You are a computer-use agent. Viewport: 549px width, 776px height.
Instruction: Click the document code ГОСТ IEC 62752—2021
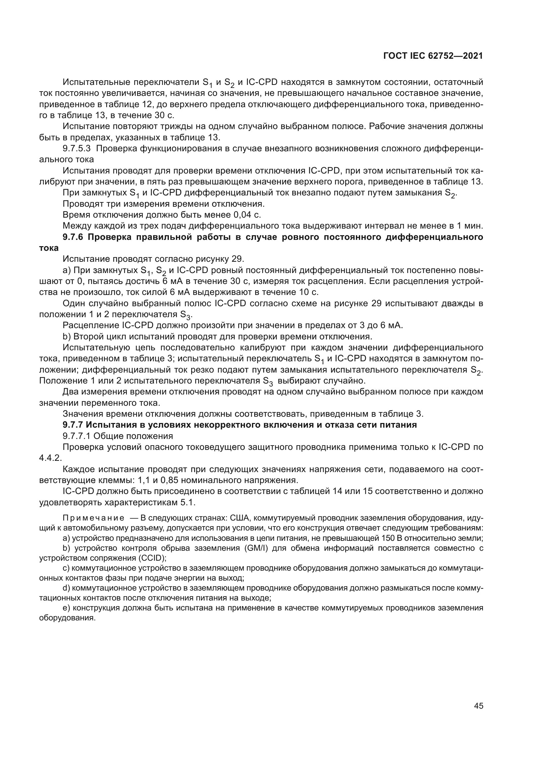[x=433, y=56]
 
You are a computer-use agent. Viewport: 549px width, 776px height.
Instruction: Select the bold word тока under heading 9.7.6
[x=49, y=248]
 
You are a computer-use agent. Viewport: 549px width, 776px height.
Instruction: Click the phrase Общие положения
[x=133, y=436]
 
